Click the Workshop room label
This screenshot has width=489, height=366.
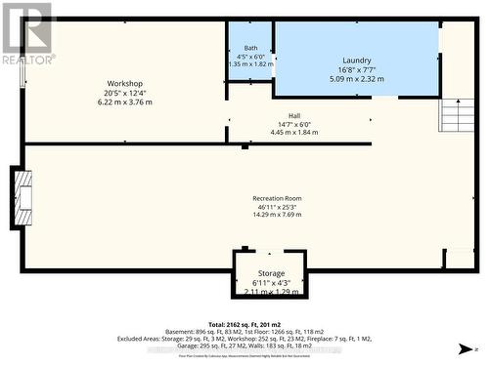click(x=125, y=84)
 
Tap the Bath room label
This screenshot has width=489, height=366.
click(x=250, y=48)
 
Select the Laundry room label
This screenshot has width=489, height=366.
click(x=356, y=61)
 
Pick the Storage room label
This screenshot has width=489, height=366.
click(x=271, y=273)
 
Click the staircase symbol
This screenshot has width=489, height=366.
click(x=458, y=117)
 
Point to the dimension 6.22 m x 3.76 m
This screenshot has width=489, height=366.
click(x=125, y=102)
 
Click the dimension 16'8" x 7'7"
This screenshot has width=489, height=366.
click(x=356, y=69)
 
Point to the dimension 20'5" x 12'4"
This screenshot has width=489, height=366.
click(x=125, y=94)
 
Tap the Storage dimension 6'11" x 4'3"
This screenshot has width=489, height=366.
click(x=271, y=283)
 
